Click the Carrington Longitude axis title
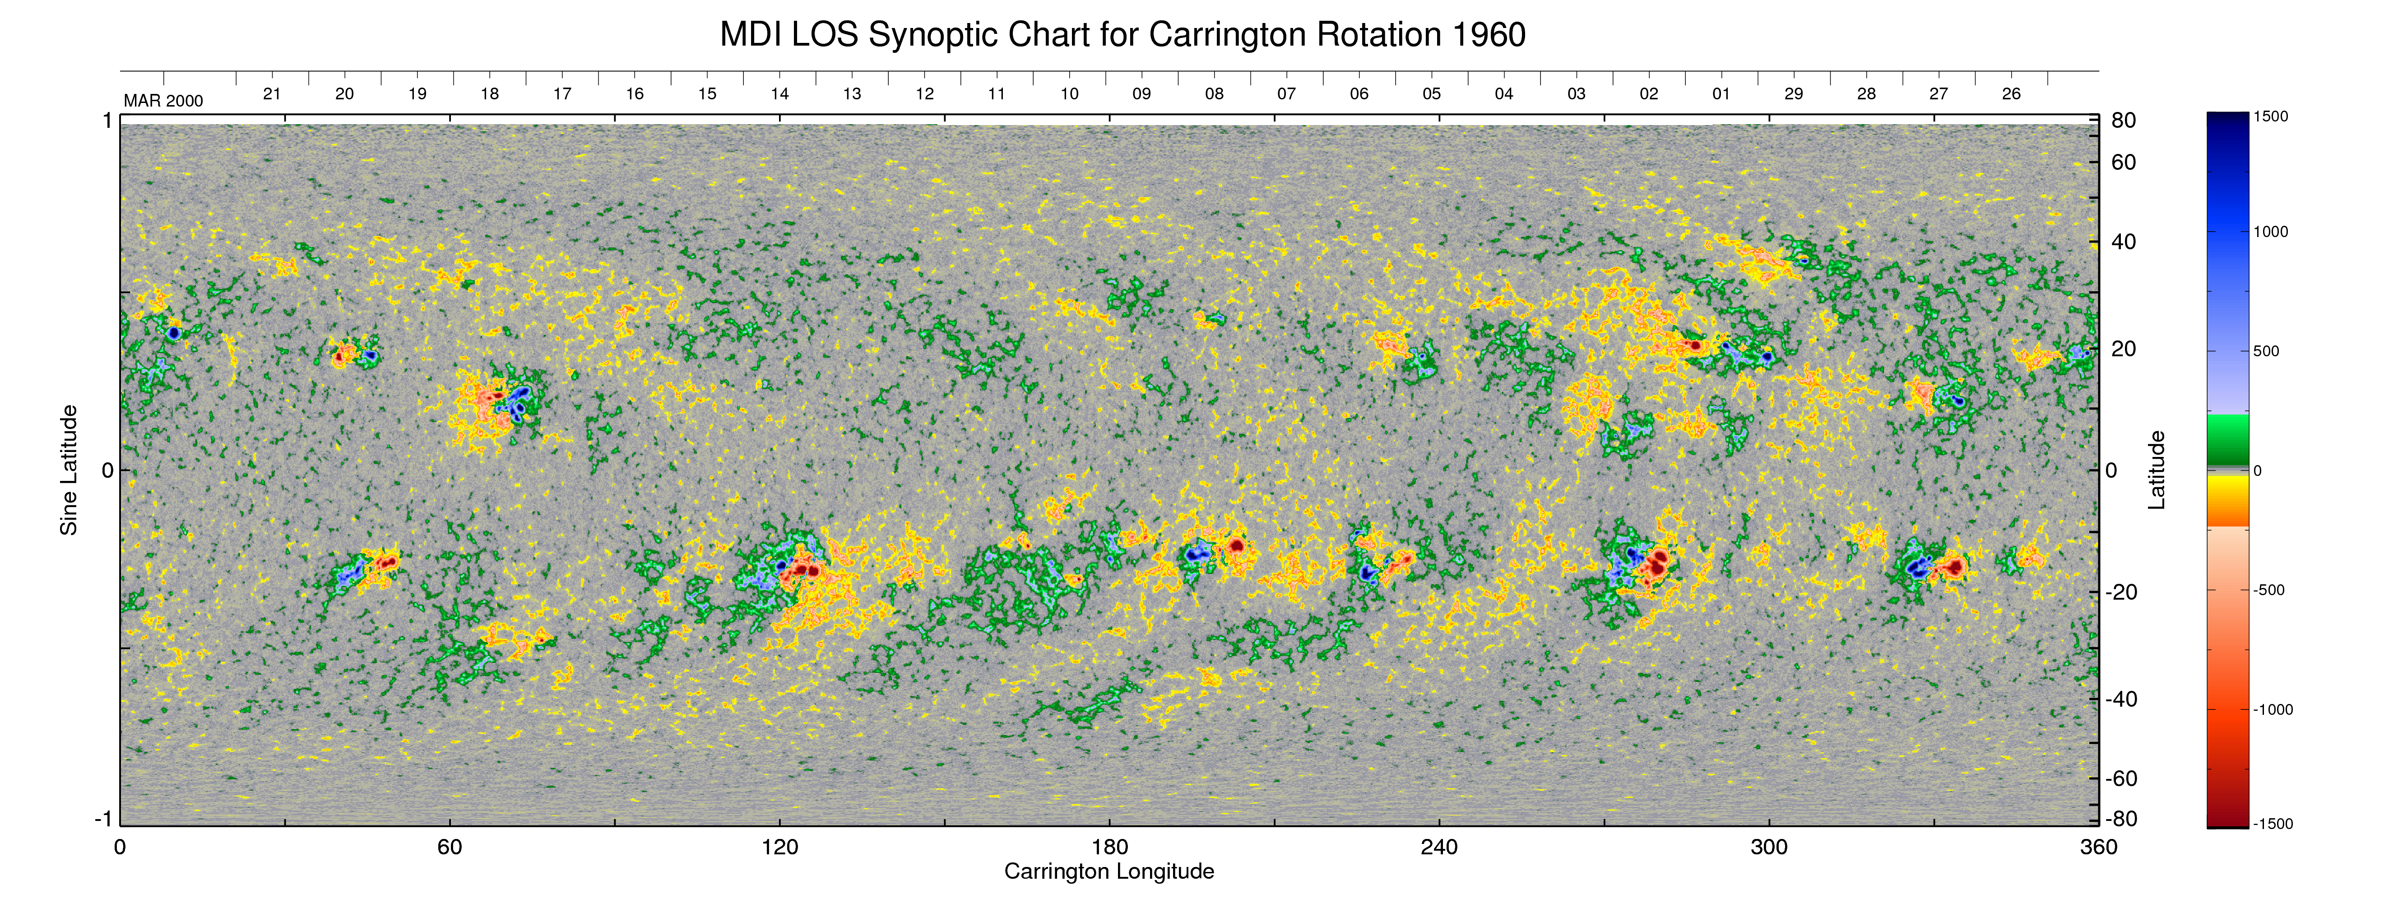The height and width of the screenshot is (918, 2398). pos(1109,871)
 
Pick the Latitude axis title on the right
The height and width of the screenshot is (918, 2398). pos(2156,470)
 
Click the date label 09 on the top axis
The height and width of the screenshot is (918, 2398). pos(1141,94)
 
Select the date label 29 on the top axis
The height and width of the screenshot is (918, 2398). pos(1793,94)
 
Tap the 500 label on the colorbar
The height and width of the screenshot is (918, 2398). pos(2266,351)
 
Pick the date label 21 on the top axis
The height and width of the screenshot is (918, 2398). pos(272,94)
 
